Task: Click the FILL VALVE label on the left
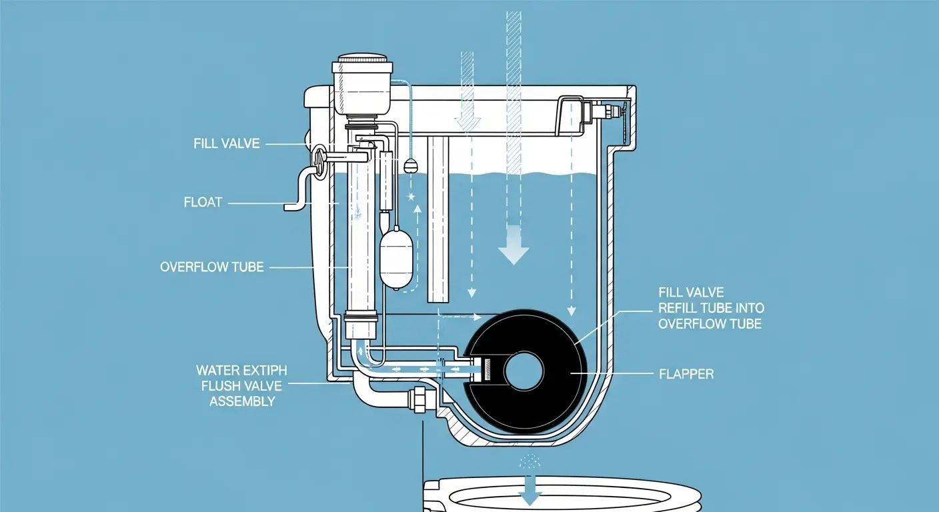pos(227,143)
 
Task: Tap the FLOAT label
pos(203,201)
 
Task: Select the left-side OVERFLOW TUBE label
pos(212,267)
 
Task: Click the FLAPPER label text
pos(686,374)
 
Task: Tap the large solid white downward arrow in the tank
pos(514,246)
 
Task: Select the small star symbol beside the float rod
pos(411,197)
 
